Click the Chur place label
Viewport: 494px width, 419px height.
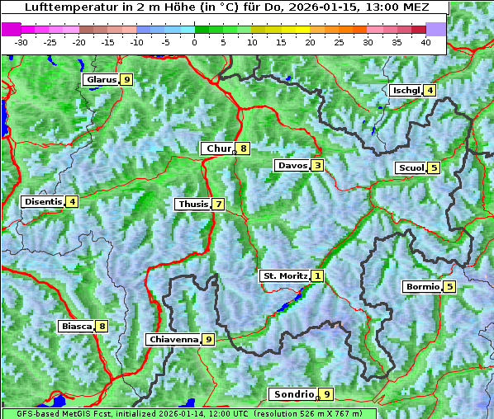[x=219, y=148]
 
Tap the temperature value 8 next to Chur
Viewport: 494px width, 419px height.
[x=244, y=148]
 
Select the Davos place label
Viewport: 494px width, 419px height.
[x=292, y=166]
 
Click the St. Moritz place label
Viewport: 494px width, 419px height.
[x=285, y=275]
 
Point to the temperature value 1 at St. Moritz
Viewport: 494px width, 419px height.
[x=318, y=275]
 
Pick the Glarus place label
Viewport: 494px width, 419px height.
[x=101, y=80]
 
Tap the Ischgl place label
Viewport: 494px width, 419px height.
[x=406, y=90]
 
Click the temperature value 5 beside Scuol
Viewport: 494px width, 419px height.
[x=434, y=168]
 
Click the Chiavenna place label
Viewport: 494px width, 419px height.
[x=173, y=339]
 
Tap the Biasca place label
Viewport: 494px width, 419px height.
[x=77, y=327]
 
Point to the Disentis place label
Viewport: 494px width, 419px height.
[x=43, y=201]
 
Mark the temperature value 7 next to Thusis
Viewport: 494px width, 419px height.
[x=218, y=205]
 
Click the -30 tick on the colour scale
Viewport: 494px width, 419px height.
[x=21, y=41]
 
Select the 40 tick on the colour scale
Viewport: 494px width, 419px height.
[x=425, y=41]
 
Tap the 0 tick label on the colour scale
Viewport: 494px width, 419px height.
[x=195, y=41]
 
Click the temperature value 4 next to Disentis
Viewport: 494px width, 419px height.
[x=73, y=201]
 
